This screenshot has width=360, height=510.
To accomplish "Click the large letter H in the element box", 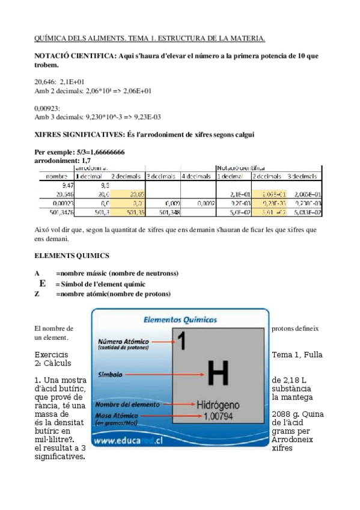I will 218,373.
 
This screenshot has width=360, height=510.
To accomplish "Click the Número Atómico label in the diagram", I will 119,340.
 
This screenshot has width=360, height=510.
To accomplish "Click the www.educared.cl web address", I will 127,441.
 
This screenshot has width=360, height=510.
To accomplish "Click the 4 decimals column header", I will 196,177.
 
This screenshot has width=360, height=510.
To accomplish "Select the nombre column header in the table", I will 56,177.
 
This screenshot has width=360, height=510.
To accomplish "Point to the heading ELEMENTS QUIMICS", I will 72,256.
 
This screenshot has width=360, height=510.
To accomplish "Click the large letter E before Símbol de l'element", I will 43,283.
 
